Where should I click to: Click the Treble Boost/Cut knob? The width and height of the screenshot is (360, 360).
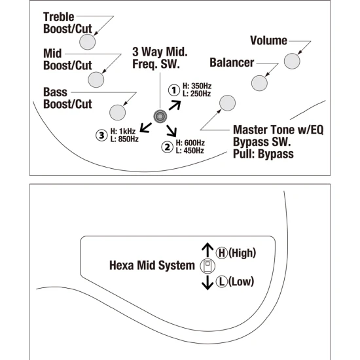point(88,42)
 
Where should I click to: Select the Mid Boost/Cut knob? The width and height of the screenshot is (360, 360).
point(96,80)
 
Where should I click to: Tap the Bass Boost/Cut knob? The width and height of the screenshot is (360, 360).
point(118,113)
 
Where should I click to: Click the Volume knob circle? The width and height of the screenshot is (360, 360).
point(292,61)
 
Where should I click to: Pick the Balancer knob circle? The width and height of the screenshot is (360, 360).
point(259,83)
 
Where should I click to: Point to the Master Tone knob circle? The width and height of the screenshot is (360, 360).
point(228,103)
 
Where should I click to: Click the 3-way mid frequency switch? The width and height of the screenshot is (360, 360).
point(160,117)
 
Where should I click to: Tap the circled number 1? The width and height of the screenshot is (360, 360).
point(174,90)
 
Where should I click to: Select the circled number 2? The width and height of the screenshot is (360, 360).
point(168,147)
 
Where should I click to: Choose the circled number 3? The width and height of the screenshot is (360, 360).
point(101,135)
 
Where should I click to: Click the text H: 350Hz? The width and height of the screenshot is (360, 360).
point(197,86)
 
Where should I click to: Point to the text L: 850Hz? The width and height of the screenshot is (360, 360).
point(124,139)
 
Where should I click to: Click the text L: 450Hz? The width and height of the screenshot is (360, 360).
point(190,151)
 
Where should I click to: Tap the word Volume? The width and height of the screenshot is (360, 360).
point(268,41)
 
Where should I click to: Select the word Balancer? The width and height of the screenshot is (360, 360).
point(232,63)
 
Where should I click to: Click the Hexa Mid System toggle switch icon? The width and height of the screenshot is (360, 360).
point(207,266)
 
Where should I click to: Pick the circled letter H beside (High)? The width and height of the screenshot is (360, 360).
point(222,253)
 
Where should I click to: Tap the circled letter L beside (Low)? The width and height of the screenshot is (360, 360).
point(222,281)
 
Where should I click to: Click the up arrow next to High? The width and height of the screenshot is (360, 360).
point(207,250)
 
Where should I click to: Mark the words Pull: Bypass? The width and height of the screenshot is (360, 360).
point(263,154)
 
